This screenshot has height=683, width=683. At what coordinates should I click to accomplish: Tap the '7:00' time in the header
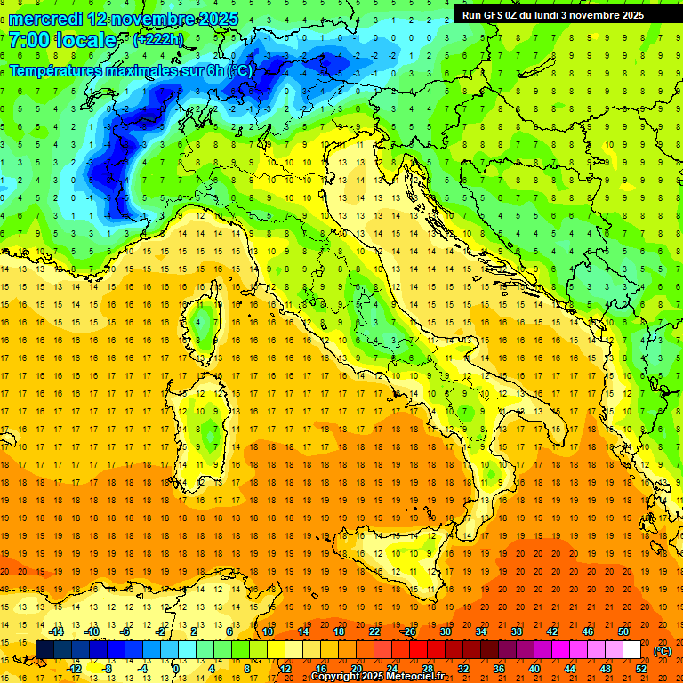click(x=27, y=40)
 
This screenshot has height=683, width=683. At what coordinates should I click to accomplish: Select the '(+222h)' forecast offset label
click(x=157, y=40)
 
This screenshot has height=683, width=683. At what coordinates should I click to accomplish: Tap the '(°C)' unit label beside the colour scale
click(x=663, y=651)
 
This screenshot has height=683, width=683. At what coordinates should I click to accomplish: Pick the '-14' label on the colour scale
click(x=57, y=631)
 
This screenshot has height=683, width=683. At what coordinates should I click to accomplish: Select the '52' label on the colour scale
click(x=641, y=669)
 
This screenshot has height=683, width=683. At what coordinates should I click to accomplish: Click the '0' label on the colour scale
click(x=176, y=669)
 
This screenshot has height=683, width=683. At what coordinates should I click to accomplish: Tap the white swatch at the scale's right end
click(x=631, y=650)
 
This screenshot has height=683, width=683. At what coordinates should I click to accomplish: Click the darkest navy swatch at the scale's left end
click(x=44, y=650)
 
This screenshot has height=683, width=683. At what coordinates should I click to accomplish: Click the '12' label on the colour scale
click(x=286, y=669)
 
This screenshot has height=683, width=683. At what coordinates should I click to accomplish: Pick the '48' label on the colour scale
click(x=606, y=669)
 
